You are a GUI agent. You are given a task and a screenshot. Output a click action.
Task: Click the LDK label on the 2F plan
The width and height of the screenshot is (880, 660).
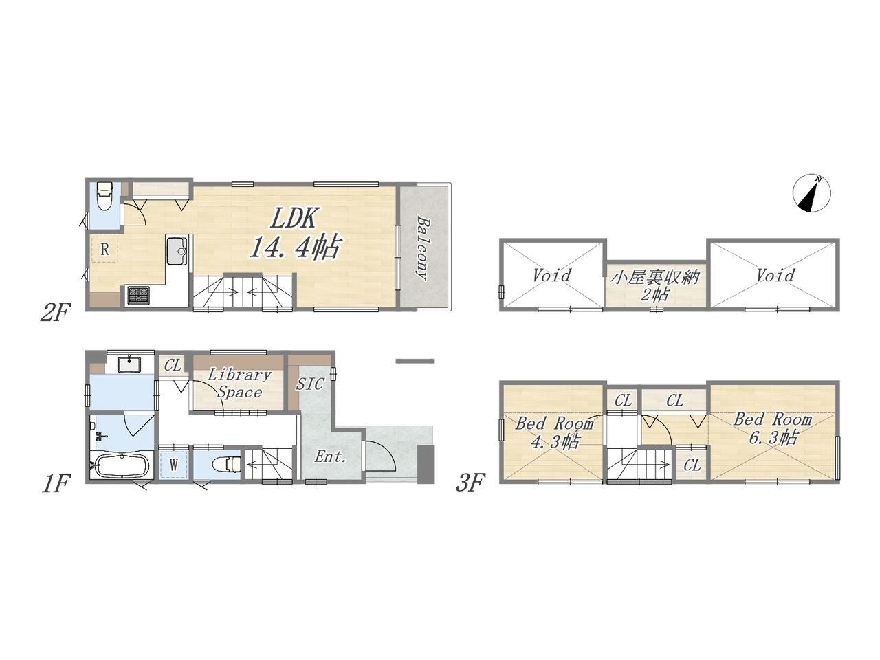tap(295, 219)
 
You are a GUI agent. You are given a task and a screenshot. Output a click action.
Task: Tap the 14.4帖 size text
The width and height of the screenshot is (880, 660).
tap(295, 246)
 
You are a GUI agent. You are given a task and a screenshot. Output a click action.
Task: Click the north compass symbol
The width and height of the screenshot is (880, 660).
tap(812, 193)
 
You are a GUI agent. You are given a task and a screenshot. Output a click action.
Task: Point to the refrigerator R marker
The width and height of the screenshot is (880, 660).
tap(104, 250)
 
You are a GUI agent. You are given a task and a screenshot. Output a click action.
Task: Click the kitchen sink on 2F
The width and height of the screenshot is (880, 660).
tap(177, 251)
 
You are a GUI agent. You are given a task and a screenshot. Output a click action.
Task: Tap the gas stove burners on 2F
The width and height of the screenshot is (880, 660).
tap(138, 295)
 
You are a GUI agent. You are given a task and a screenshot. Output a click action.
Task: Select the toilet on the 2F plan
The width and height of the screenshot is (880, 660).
tap(104, 195)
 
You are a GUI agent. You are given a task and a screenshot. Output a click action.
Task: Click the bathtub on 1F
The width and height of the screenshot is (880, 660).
tap(120, 464)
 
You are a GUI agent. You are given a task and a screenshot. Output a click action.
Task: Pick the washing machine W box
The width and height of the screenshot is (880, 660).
tap(174, 465)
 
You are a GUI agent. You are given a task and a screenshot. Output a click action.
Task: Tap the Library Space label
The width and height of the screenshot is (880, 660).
tap(240, 384)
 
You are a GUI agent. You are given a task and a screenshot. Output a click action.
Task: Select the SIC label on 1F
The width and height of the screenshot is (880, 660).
tap(310, 384)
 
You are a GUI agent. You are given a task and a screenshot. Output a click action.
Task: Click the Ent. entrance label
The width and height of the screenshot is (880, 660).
tap(331, 456)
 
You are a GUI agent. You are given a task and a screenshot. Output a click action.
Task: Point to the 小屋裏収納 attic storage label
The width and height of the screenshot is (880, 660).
tap(655, 277)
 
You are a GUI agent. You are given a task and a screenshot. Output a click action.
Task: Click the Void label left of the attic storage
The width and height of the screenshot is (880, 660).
tap(552, 275)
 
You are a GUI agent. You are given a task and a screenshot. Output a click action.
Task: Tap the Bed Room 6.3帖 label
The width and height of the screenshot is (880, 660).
tap(773, 428)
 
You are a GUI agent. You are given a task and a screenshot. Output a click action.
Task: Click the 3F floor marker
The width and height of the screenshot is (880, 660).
tap(471, 482)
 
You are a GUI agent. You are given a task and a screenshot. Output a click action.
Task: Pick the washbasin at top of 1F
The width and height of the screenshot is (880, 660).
tap(129, 364)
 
